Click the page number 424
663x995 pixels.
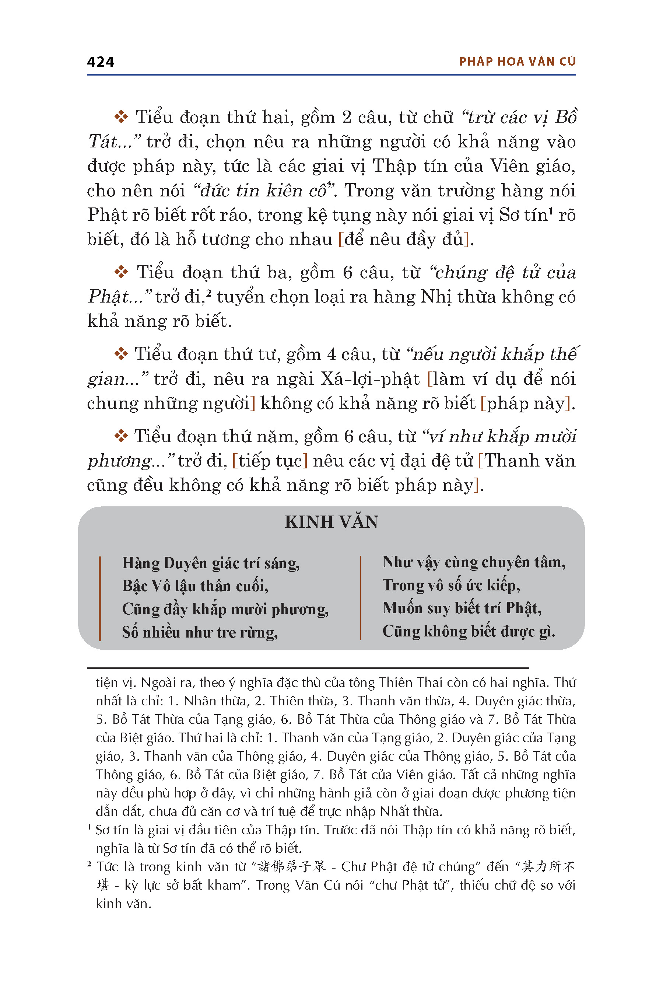point(100,62)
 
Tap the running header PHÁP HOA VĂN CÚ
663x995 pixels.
point(517,62)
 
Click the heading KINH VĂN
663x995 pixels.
point(331,521)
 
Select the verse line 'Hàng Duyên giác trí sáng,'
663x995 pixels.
point(211,563)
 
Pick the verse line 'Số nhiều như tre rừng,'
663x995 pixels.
point(200,632)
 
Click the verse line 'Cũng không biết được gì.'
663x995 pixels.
point(469,631)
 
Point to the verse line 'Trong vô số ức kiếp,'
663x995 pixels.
point(451,585)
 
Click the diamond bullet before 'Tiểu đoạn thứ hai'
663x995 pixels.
point(121,117)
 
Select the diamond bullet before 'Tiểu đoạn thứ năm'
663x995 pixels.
point(121,436)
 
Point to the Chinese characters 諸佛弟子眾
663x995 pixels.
point(292,866)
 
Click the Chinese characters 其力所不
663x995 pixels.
point(548,866)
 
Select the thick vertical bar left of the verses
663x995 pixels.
point(100,598)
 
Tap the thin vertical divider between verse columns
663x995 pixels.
point(360,597)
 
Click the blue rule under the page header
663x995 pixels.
point(331,75)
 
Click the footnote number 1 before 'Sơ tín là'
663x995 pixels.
point(89,827)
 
